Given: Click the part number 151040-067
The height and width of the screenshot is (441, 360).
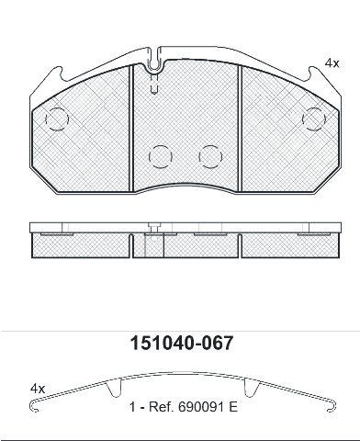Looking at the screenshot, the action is coord(182,344).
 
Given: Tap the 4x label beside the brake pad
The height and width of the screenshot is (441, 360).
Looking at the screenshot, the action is coord(332,63).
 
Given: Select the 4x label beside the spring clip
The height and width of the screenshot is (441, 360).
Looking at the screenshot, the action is coord(38,389).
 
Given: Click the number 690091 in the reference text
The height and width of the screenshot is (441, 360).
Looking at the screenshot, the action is coord(202,407).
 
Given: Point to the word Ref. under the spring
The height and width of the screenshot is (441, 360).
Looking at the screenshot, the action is coord(162,407).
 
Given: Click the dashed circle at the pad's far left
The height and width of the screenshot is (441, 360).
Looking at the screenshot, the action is coord(57,119).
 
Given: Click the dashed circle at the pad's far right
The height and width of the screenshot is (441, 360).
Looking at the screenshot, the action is coord(314,119).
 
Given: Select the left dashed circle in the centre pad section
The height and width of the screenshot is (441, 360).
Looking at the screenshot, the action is coord(161,156).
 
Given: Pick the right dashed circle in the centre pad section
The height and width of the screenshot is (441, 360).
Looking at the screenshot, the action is coord(210,156).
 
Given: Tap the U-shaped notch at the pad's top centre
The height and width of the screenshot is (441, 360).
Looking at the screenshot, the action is coord(156,65).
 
